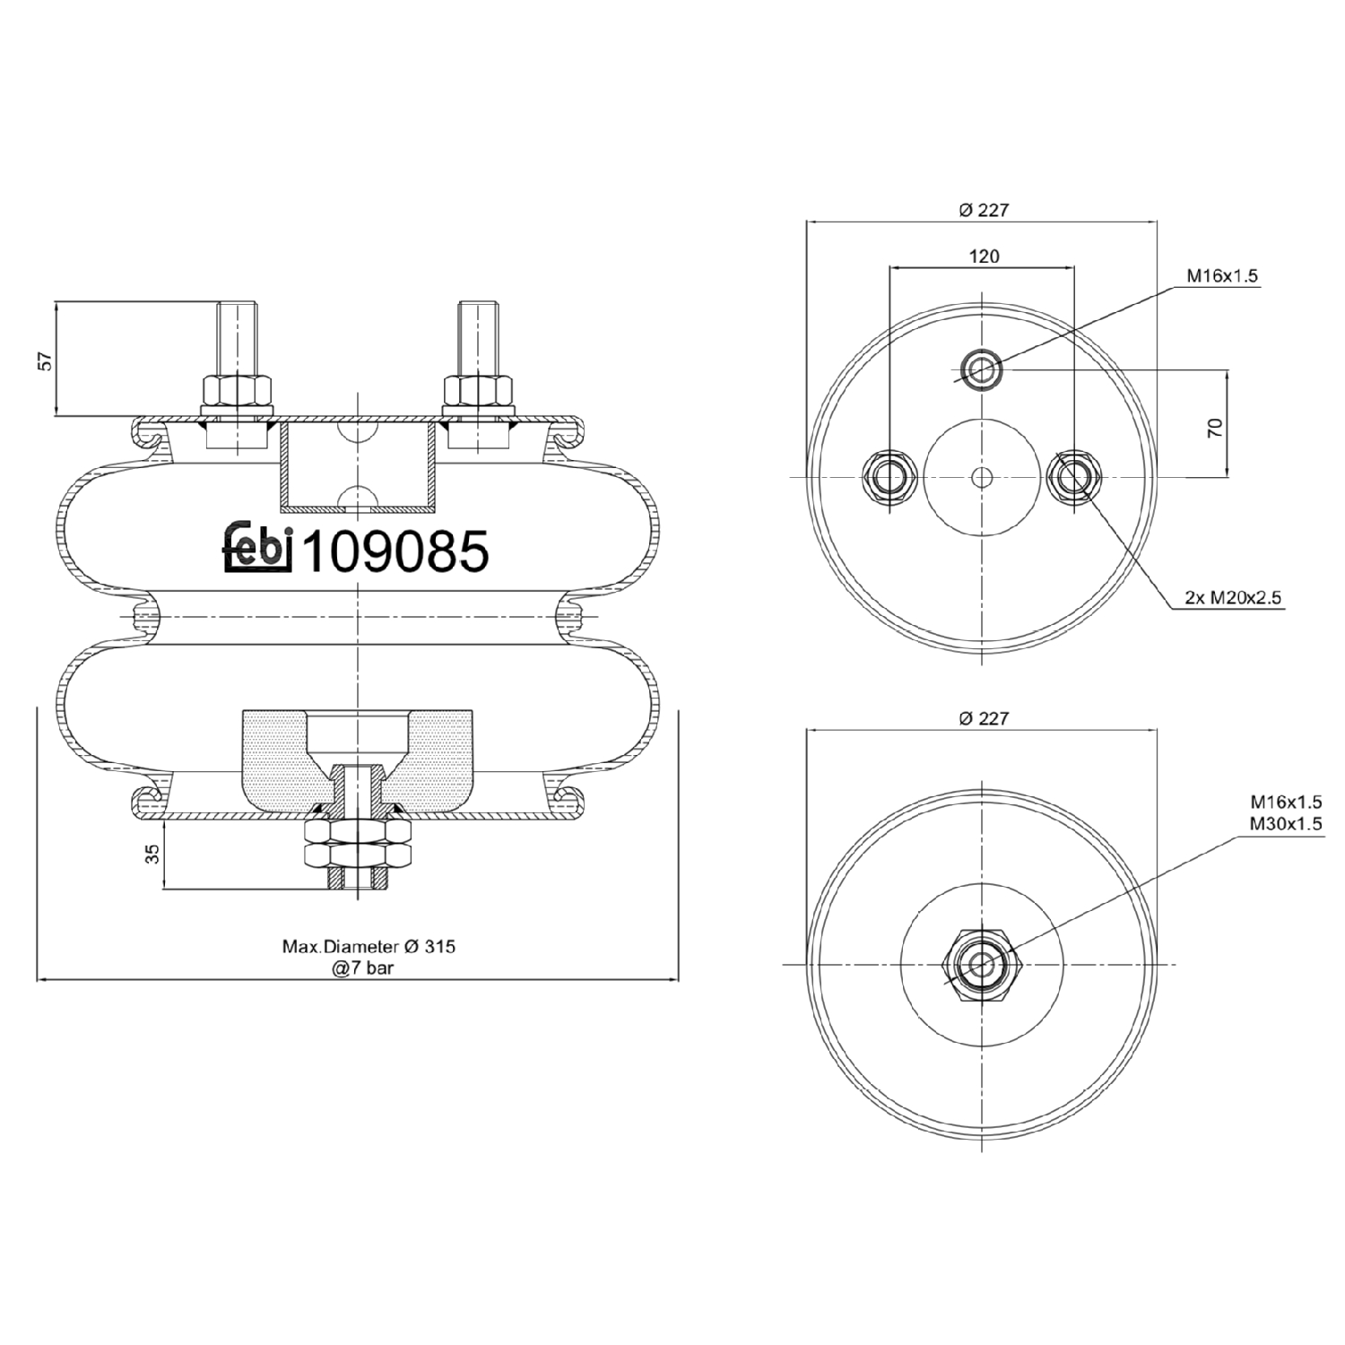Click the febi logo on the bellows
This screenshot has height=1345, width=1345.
click(258, 548)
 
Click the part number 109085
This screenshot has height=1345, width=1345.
click(395, 551)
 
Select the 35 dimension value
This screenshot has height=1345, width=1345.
click(152, 854)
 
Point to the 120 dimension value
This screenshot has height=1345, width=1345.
click(984, 256)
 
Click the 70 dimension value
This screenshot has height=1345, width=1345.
click(1215, 428)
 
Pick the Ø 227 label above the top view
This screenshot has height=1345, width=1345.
click(984, 210)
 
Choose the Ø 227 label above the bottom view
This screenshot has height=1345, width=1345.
click(984, 718)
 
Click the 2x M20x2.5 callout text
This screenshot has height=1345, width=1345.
click(1234, 597)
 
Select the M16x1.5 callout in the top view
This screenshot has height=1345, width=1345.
click(1222, 276)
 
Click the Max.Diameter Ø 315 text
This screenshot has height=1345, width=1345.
click(369, 946)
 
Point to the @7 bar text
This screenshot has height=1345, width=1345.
click(363, 968)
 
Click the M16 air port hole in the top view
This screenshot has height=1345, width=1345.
click(982, 368)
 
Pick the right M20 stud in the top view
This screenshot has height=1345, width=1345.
click(1074, 476)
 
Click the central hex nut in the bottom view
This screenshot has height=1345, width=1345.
click(983, 964)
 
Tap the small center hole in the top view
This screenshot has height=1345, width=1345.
click(983, 476)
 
